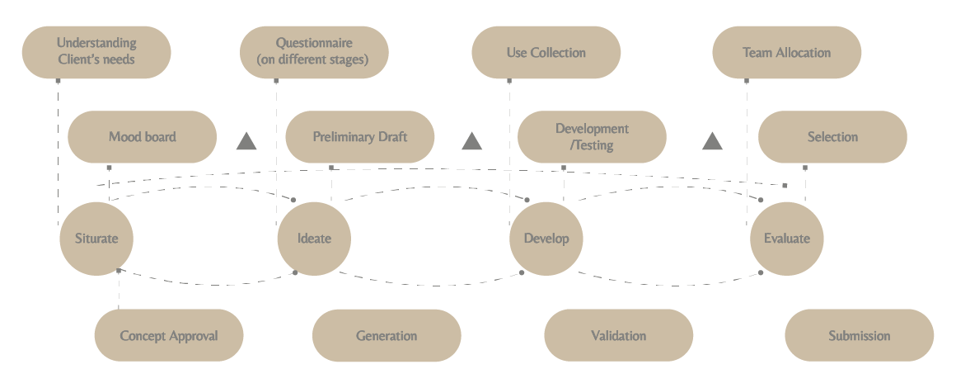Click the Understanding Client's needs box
(96, 52)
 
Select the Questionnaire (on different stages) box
(314, 52)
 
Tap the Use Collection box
(546, 53)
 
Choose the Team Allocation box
(786, 53)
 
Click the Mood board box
(142, 137)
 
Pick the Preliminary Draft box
(359, 137)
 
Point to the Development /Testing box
(592, 137)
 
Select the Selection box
(832, 137)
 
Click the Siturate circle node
(96, 239)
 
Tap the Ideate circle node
(314, 239)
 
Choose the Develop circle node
(546, 239)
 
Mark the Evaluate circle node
(786, 239)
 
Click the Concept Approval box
(168, 336)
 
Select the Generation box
(387, 336)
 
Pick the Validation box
(618, 336)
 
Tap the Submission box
(859, 336)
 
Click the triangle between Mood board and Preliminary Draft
(246, 142)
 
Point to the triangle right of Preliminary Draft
(471, 142)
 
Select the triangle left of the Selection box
(712, 142)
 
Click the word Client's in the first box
(77, 59)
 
